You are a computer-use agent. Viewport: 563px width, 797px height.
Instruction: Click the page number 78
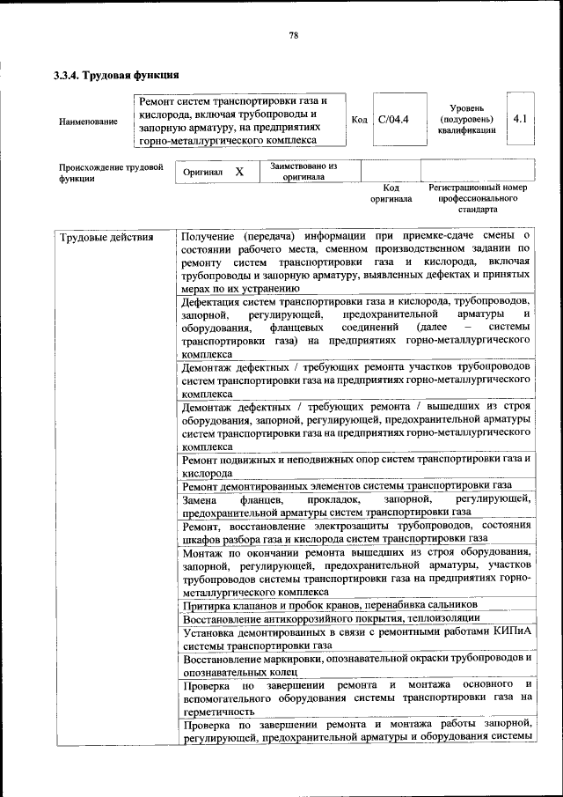[295, 35]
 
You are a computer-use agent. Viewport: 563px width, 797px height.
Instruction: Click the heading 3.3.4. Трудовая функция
[117, 75]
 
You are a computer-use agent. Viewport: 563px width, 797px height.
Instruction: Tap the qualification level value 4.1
[520, 117]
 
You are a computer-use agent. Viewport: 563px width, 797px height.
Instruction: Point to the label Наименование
[88, 121]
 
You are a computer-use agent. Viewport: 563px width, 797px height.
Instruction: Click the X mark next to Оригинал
[239, 172]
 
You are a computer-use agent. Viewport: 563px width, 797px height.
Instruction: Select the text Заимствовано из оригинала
[303, 171]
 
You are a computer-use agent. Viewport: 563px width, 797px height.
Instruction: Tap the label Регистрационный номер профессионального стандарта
[478, 199]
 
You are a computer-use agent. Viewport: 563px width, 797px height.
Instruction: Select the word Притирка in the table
[206, 606]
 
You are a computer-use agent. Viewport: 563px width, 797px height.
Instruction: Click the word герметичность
[219, 711]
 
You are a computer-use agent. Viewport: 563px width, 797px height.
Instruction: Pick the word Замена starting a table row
[200, 498]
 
